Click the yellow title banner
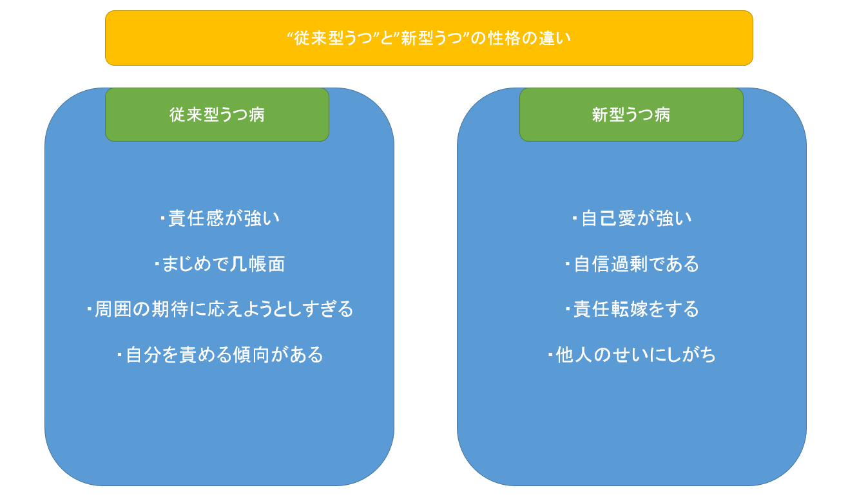point(429,38)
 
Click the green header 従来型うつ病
point(217,115)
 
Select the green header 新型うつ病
point(631,115)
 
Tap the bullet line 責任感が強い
point(220,218)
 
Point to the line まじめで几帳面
point(220,264)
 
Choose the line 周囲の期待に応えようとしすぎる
point(220,309)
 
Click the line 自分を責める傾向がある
point(220,355)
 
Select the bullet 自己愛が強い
point(632,218)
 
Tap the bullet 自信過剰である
point(632,264)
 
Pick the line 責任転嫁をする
point(632,309)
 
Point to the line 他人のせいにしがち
point(632,355)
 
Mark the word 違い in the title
point(555,38)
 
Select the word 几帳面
point(258,264)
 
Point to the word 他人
point(574,355)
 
